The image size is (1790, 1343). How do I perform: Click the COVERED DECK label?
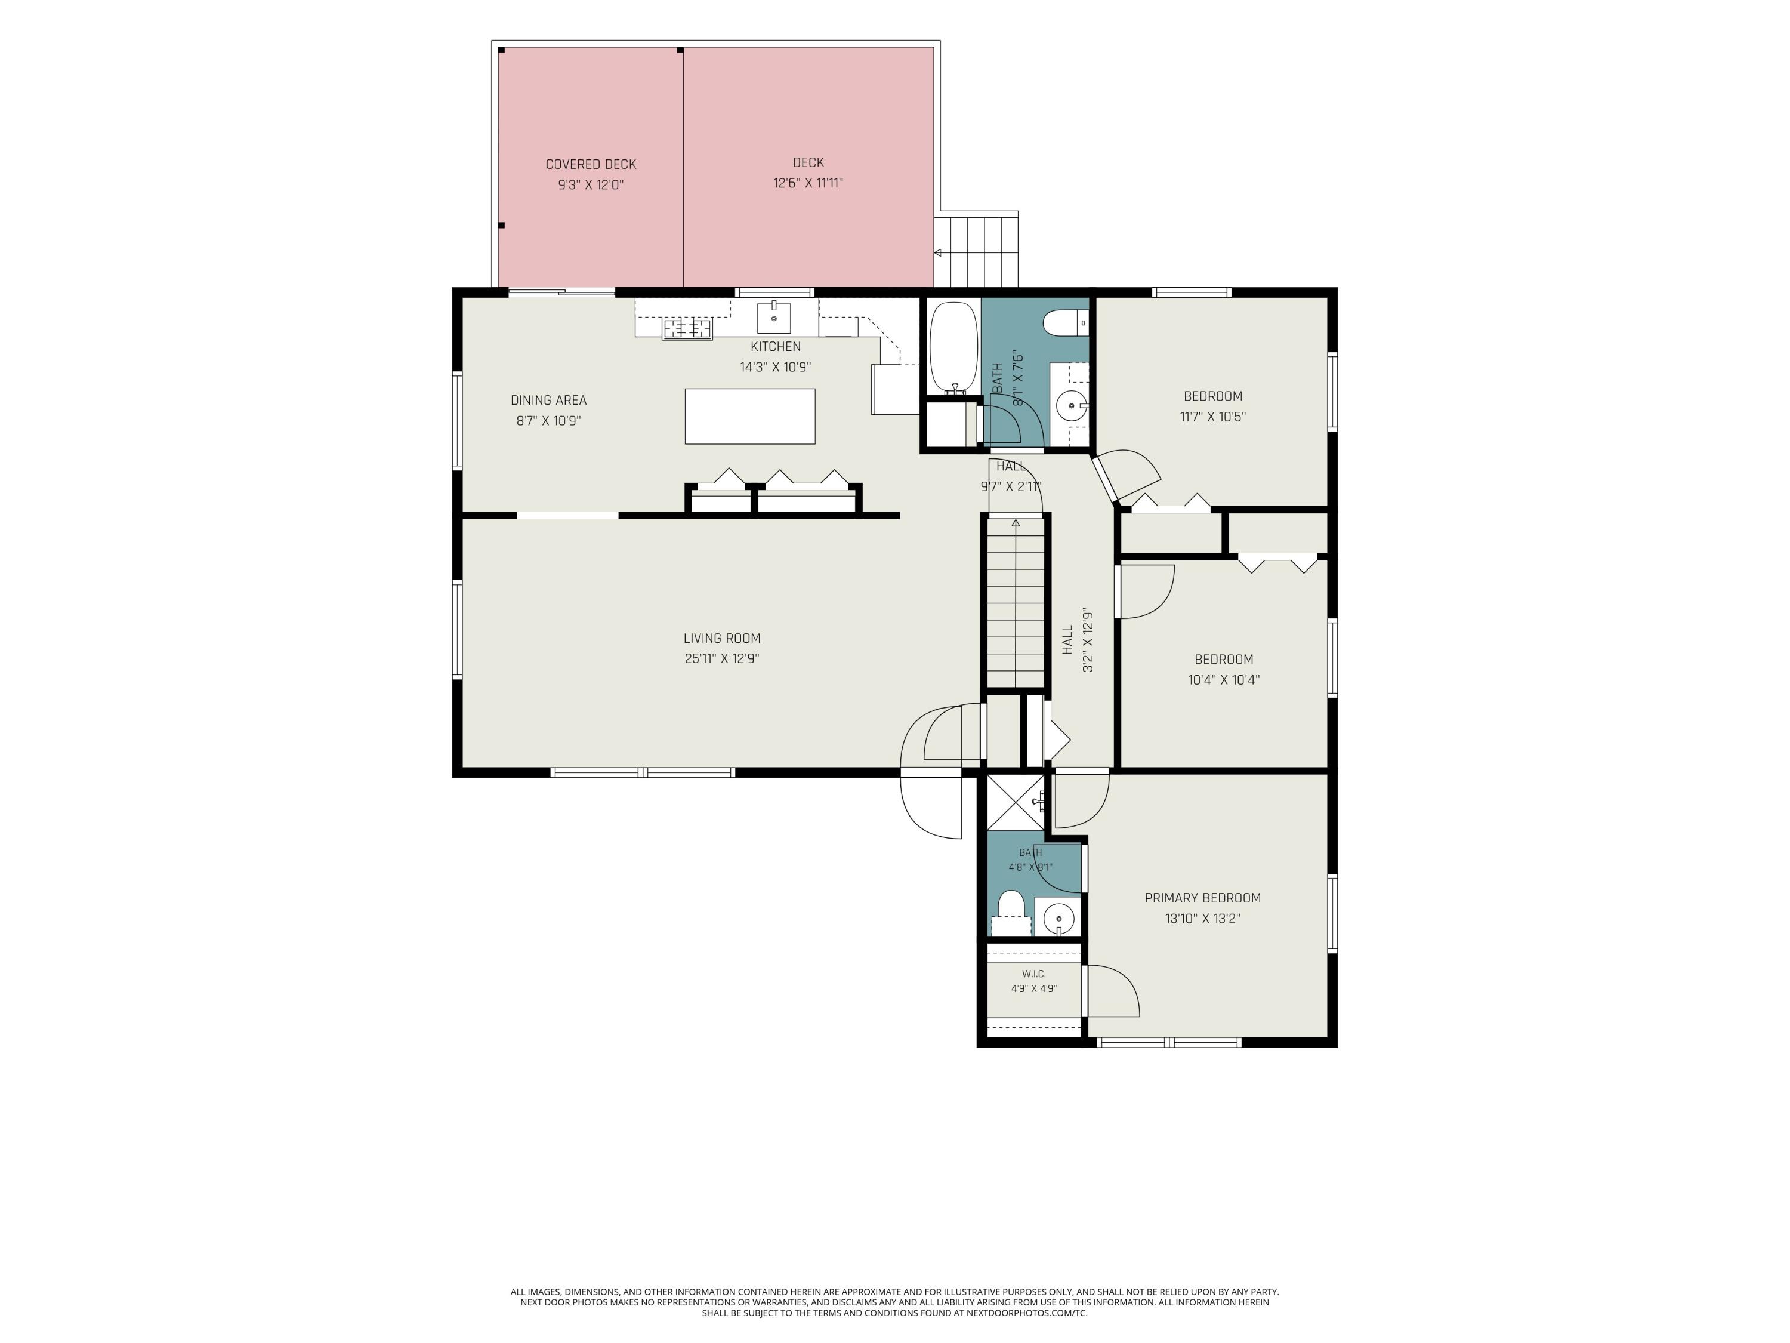(591, 164)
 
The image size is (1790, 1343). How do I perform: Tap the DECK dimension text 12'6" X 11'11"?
(808, 183)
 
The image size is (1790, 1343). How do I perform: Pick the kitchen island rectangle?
(750, 416)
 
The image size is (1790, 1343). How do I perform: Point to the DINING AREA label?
(549, 400)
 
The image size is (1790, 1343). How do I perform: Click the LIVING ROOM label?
(722, 638)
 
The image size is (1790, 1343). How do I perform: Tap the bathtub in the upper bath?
(955, 348)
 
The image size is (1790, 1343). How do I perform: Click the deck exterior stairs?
(977, 251)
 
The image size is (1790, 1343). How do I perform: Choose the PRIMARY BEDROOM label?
(1202, 898)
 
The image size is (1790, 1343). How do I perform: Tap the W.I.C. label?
(1033, 974)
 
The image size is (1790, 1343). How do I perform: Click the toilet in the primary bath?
(1011, 912)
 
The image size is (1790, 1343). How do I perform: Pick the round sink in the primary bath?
(1058, 918)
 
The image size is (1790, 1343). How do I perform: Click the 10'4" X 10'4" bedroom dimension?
(1224, 680)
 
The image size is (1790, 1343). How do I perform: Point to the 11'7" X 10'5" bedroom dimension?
(1212, 417)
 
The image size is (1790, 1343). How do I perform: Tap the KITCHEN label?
(775, 346)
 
